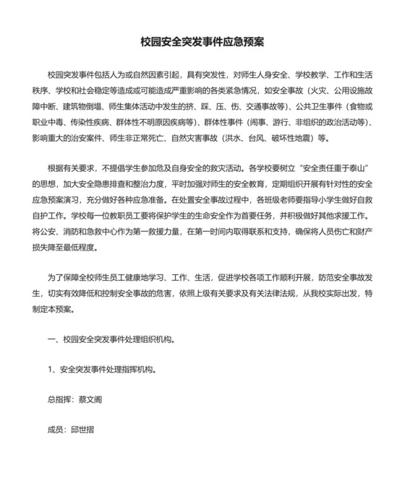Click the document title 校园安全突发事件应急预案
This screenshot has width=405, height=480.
click(x=202, y=42)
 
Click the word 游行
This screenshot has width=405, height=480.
click(x=283, y=123)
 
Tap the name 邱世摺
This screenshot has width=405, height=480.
click(x=84, y=429)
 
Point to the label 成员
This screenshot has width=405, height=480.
click(x=56, y=429)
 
